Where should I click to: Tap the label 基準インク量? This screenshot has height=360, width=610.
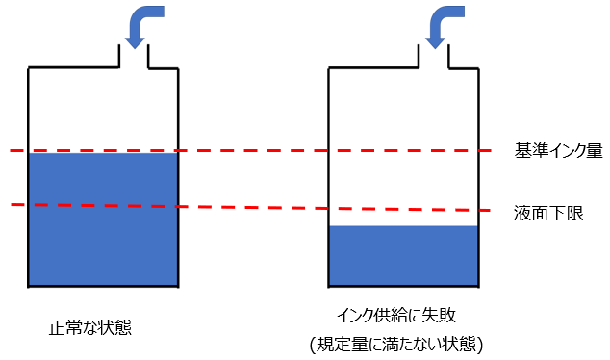click(559, 150)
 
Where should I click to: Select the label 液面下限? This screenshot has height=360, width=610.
click(548, 214)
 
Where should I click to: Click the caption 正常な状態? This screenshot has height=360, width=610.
click(90, 327)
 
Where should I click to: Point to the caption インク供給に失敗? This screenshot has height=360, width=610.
click(395, 316)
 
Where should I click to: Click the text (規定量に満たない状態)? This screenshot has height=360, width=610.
click(396, 345)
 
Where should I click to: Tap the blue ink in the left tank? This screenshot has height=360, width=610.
click(103, 219)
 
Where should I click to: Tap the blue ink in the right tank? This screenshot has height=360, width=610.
click(403, 255)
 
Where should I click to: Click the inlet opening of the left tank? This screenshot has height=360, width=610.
click(134, 57)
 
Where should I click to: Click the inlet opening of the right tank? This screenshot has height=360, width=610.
click(434, 57)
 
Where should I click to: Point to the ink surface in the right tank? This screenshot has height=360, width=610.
click(403, 226)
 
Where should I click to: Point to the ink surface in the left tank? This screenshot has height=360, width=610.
click(103, 154)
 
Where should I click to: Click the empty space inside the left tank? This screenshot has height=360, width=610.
click(103, 109)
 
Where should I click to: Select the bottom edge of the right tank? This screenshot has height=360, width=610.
click(403, 287)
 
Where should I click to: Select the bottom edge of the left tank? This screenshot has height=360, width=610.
click(103, 287)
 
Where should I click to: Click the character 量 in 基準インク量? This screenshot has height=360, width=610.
click(595, 150)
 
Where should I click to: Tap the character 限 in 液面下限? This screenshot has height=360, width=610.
click(575, 214)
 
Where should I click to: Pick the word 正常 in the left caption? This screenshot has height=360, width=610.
click(65, 327)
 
